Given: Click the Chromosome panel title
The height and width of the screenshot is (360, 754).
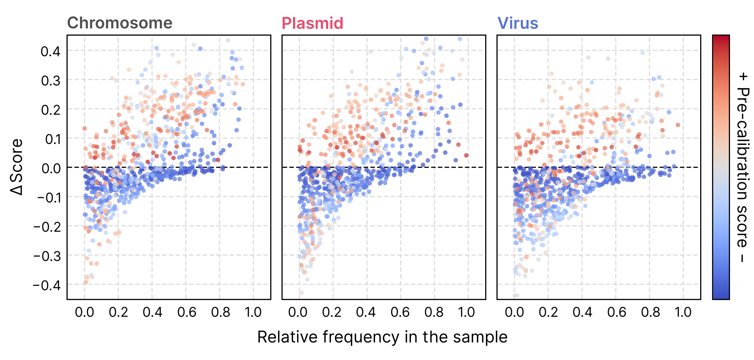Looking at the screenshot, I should (x=120, y=23).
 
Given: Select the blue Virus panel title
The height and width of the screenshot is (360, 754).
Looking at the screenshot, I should (x=517, y=23).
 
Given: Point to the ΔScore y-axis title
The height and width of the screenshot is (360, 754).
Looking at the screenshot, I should (x=16, y=167).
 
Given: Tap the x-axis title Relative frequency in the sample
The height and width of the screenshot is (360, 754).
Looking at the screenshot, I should (x=382, y=337).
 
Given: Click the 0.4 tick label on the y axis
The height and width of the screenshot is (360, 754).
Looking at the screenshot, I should (x=50, y=52).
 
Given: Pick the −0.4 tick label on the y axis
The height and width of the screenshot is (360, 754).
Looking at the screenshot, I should (x=47, y=285).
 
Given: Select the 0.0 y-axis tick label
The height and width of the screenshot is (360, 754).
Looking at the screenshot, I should (x=51, y=168).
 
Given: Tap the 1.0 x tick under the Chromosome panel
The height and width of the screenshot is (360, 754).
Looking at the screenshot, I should (x=253, y=312).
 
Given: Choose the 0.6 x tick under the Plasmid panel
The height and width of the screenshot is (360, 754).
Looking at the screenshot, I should (x=400, y=312).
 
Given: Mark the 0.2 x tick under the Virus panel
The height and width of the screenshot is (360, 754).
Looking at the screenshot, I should (x=548, y=312).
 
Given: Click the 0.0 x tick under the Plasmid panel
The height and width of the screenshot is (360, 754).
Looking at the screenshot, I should (x=298, y=312).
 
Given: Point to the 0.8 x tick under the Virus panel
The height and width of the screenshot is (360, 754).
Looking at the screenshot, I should (x=650, y=312).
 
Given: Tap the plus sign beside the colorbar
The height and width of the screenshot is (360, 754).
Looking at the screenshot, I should (x=743, y=77).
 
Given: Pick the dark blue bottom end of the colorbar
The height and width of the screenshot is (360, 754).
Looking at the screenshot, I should (x=721, y=296).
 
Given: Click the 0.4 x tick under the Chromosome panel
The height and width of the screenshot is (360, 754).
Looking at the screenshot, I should (x=152, y=312).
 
